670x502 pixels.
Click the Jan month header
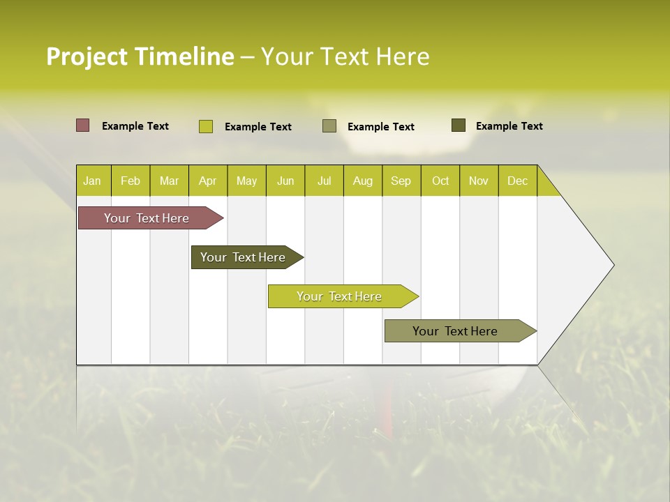click(93, 181)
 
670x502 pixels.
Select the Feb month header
click(131, 181)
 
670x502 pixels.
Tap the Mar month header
click(169, 181)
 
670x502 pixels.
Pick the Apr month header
click(208, 181)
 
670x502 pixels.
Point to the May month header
click(246, 181)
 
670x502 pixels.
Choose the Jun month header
click(285, 181)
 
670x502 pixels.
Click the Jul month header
click(324, 181)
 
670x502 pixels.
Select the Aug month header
click(363, 181)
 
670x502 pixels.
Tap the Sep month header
click(401, 181)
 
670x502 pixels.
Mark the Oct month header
click(440, 181)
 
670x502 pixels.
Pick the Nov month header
click(479, 181)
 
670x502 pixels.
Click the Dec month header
click(518, 181)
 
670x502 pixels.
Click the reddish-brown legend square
click(83, 125)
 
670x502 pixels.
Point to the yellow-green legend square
click(206, 126)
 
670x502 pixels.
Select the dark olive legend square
click(459, 125)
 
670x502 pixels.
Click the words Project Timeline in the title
click(140, 56)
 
